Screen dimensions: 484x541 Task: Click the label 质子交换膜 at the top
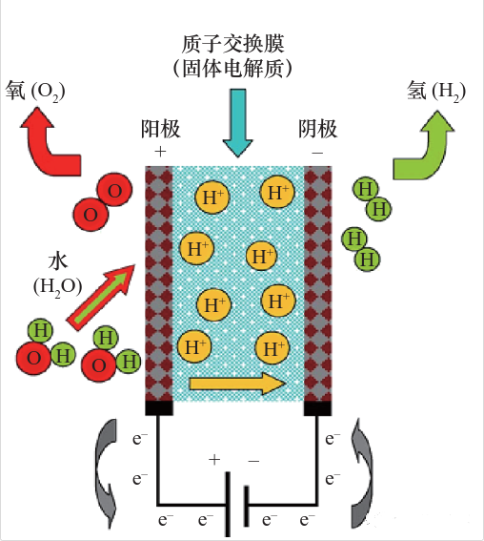tap(232, 44)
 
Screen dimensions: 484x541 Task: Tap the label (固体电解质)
tap(232, 69)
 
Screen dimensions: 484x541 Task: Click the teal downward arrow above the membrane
tap(237, 123)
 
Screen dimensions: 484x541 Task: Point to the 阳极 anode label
tap(160, 129)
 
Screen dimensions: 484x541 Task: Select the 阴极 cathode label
tap(317, 129)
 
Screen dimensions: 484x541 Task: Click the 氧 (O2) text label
tap(35, 91)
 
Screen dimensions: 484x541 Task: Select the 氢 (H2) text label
tap(436, 91)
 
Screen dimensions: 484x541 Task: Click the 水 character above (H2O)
tap(58, 262)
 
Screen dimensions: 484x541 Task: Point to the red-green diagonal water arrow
tap(101, 298)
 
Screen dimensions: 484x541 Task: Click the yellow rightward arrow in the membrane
tap(237, 383)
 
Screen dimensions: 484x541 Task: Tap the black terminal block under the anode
tap(159, 407)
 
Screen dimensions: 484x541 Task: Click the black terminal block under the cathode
tap(317, 407)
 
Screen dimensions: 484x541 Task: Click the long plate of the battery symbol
tap(228, 504)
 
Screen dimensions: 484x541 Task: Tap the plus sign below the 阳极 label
tap(160, 152)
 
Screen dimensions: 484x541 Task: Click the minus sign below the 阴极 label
tap(317, 152)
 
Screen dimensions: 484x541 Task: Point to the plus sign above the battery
tap(214, 460)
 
